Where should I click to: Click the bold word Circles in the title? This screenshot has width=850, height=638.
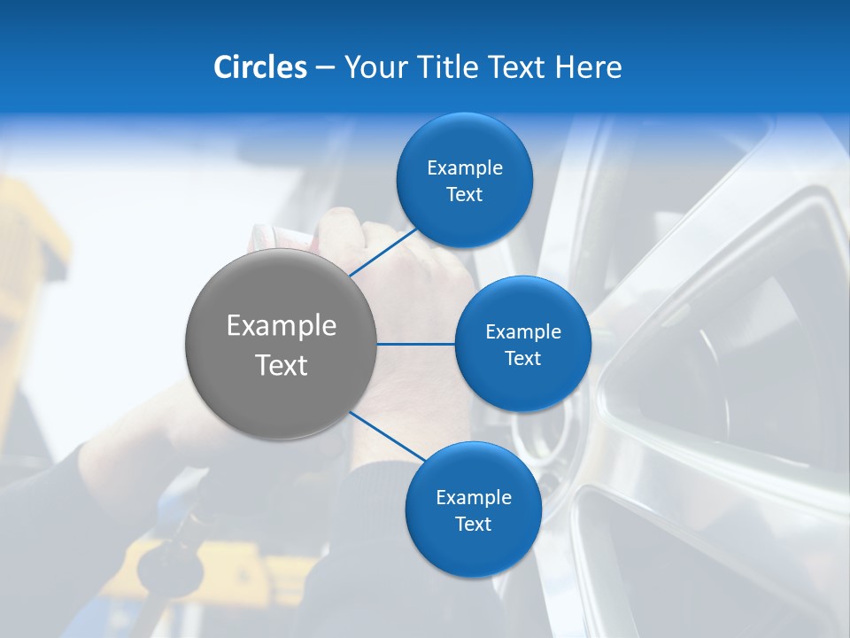point(260,67)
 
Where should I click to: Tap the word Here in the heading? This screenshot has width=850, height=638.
point(588,67)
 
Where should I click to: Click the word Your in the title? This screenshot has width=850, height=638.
point(373,67)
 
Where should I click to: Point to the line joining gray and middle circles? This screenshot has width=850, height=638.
point(416,344)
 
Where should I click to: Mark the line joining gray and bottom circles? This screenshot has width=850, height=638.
point(387,436)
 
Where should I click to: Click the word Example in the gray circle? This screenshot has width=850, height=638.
point(282,326)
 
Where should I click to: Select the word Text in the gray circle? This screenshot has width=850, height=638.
point(282,365)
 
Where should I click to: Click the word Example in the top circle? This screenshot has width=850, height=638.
point(465,168)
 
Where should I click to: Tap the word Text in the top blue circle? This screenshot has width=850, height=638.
point(464,195)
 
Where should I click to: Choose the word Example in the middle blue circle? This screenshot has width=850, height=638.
point(523,332)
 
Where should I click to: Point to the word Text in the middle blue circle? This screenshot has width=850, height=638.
point(522,359)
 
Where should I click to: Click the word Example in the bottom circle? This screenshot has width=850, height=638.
point(474,498)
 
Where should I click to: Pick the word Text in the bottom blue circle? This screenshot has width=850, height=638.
point(473,525)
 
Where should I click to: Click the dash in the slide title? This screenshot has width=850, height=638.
point(325,68)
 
